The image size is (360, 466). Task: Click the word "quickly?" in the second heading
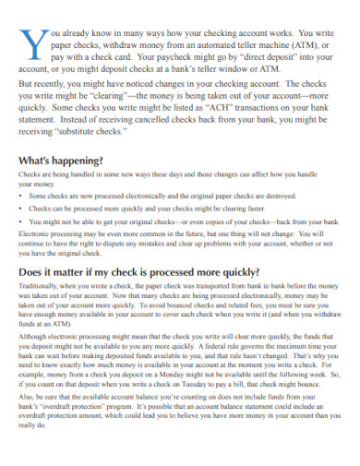tap(234, 272)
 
